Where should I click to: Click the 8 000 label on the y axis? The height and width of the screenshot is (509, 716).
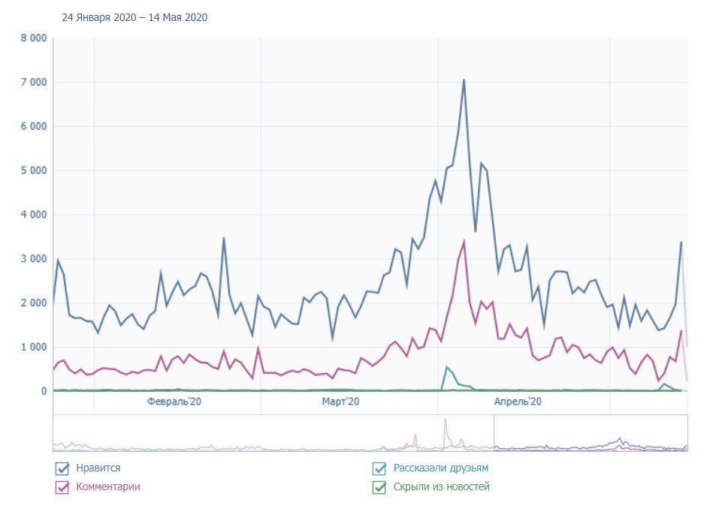pos(32,38)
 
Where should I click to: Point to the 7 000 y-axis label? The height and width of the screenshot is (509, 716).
pos(32,82)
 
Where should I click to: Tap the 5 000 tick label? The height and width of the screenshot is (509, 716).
pos(32,170)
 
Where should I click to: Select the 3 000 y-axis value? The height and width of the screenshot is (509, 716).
pos(32,259)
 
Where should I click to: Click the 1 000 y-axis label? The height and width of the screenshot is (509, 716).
pos(32,348)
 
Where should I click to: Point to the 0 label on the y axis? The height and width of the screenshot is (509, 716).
pos(44,391)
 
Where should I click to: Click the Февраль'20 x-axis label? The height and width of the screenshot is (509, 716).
pos(174,402)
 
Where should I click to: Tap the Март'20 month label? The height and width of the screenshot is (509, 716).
pos(340,402)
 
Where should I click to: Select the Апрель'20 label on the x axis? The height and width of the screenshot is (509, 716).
pos(518,402)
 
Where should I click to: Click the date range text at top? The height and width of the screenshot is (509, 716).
pos(134,17)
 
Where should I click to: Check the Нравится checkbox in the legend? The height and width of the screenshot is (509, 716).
pos(62,469)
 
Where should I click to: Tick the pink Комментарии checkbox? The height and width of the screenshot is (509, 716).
pos(62,487)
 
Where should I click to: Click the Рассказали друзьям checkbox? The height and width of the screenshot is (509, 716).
pos(379,469)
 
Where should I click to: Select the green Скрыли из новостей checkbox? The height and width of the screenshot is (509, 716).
pos(379,487)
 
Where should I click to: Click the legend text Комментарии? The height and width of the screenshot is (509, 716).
pos(107,486)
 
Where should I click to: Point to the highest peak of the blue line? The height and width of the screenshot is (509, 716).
pos(464,80)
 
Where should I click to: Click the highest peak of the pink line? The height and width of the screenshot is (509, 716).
pos(464,242)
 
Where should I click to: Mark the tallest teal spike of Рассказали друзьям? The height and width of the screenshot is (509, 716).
pos(446,367)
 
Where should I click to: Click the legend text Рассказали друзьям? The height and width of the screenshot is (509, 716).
pos(440,468)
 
